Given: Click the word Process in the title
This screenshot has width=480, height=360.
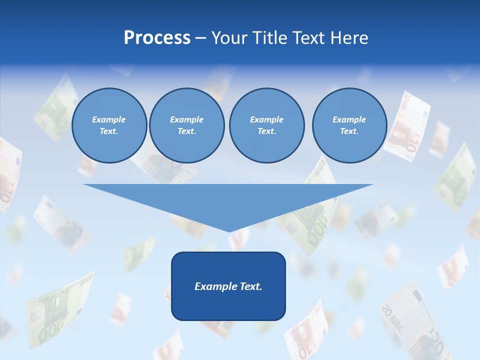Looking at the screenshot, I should click(157, 38).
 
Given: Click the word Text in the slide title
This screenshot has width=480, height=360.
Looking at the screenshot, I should click(311, 38).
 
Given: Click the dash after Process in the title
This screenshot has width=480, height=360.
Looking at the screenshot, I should click(200, 38).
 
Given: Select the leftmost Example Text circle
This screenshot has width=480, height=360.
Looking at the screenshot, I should click(109, 125).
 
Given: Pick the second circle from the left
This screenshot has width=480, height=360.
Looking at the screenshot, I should click(187, 125).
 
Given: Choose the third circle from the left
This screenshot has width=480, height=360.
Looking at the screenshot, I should click(266, 125).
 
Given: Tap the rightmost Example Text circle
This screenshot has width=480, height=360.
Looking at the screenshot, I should click(349, 125).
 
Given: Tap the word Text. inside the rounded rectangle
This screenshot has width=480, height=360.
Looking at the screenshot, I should click(251, 286).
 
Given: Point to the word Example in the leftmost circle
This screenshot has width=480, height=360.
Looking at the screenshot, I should click(109, 119).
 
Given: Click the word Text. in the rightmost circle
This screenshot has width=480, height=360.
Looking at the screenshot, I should click(349, 131).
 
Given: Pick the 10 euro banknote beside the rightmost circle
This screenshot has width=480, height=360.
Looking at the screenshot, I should click(407, 126).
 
